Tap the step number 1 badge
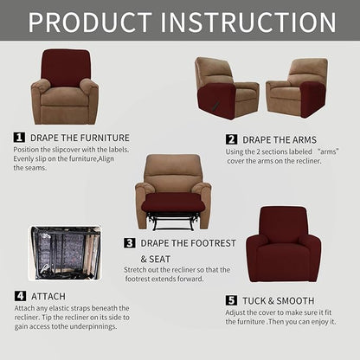[19, 137]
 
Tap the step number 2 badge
[231, 138]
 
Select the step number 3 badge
[130, 243]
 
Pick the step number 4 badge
[19, 296]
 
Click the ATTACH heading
[48, 296]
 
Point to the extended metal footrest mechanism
[173, 221]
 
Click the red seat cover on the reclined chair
[173, 202]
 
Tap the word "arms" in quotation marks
[329, 150]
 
